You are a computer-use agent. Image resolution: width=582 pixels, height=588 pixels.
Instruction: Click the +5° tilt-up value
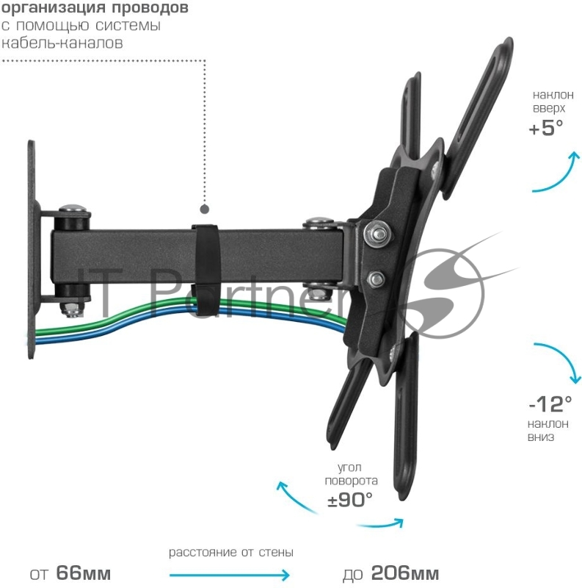point(545,128)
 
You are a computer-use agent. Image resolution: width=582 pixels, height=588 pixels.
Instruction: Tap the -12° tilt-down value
point(550,404)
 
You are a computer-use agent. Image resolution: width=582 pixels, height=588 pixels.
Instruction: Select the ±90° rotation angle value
point(350,500)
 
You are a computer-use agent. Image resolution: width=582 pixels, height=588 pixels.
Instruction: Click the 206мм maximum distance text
point(404,573)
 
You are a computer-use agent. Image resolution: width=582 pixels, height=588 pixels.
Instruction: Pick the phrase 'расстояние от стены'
point(231,552)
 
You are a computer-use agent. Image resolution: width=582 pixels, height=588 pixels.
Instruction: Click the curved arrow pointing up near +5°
point(560,173)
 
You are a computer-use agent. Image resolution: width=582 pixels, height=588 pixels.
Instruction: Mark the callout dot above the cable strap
point(205,209)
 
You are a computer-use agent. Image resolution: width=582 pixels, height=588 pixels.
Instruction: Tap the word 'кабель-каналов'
point(62,42)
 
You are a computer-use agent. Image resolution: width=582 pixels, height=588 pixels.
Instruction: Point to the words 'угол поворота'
point(353,473)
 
